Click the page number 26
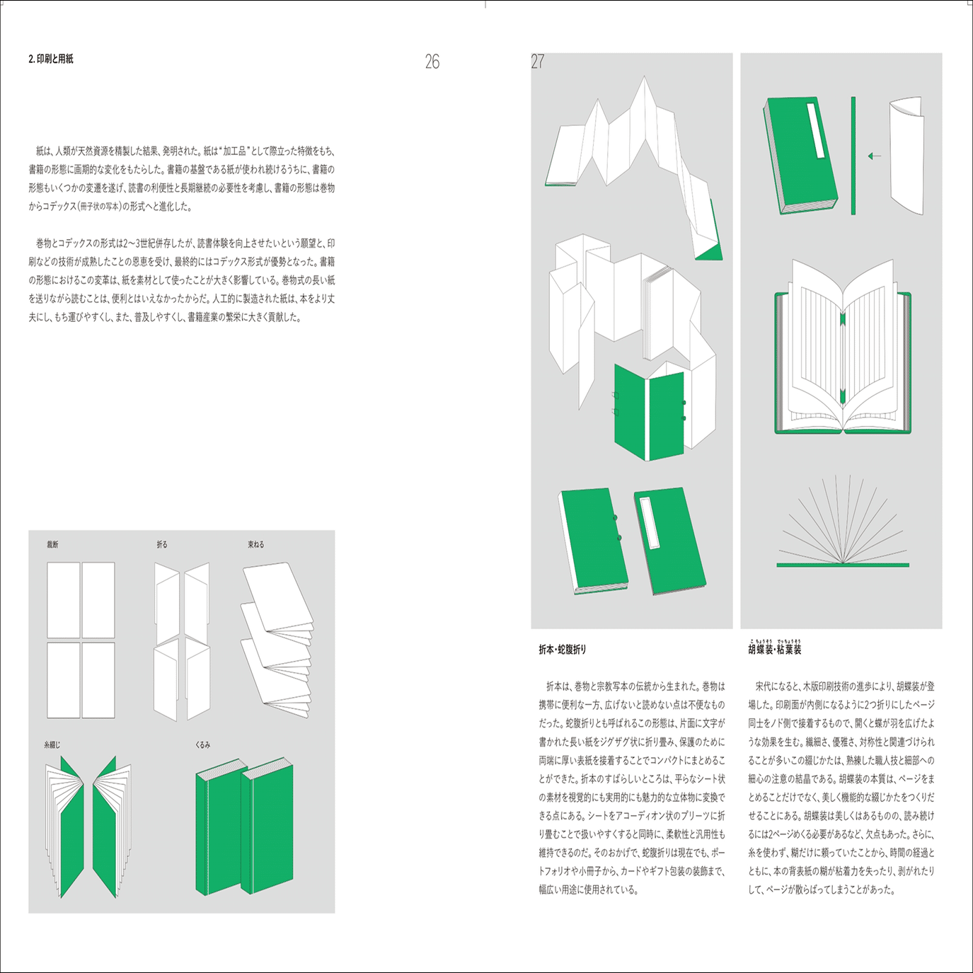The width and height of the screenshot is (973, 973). (432, 62)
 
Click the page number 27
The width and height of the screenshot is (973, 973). (538, 62)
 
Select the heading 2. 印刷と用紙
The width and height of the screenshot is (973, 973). (51, 59)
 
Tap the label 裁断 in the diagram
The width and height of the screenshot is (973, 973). (53, 544)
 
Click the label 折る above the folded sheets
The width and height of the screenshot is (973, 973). (162, 544)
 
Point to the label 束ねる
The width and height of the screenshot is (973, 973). (255, 544)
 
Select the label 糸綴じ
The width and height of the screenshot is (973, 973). (53, 744)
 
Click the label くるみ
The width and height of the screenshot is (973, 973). (203, 744)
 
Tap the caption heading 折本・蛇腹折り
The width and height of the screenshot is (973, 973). (563, 650)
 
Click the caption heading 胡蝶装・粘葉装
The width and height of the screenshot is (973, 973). (775, 649)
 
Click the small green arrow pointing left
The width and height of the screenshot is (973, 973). (875, 156)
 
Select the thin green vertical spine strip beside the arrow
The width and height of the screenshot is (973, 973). (853, 156)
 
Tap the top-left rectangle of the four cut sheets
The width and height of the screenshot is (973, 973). (64, 600)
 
